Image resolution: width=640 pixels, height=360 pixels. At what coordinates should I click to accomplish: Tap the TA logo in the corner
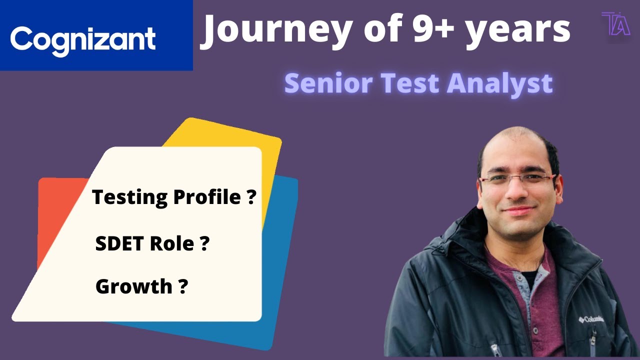(x=615, y=23)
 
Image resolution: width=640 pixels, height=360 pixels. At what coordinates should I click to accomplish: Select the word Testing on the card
(x=130, y=197)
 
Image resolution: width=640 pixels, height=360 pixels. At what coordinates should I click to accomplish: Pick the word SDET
(x=123, y=244)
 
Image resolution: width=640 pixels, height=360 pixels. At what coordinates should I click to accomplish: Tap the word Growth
(x=133, y=287)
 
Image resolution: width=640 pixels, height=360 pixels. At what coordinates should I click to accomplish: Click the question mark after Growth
(x=183, y=287)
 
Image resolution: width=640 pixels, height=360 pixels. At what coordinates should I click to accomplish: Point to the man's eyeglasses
(x=517, y=180)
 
